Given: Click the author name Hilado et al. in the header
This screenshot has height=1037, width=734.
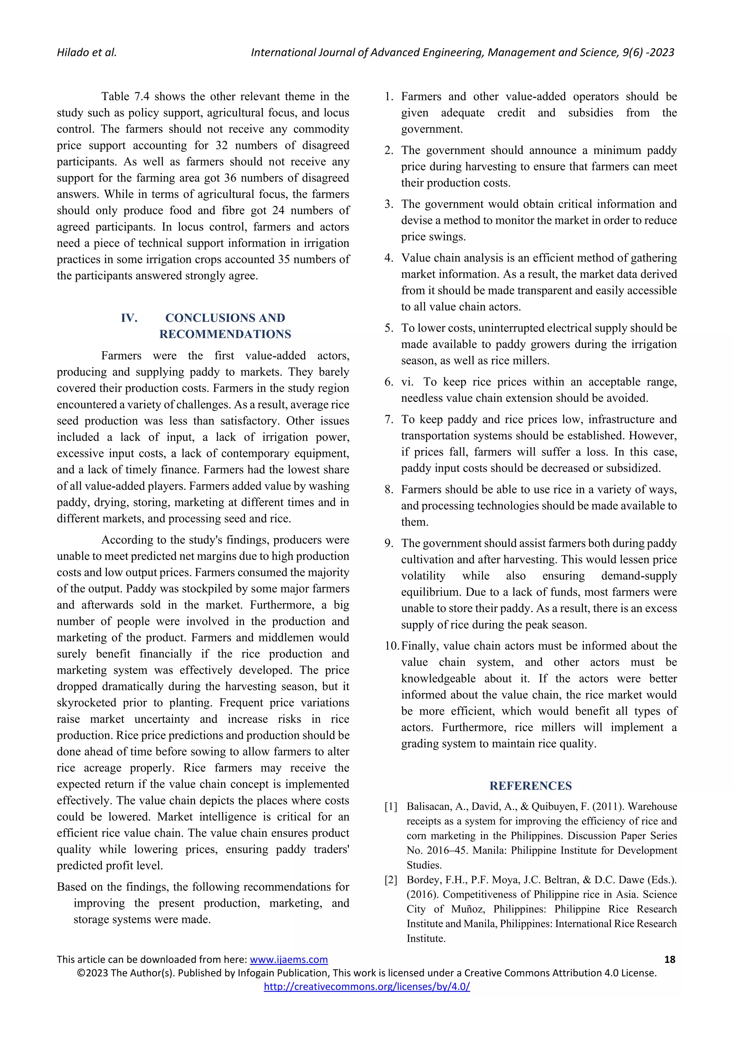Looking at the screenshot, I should [x=86, y=52].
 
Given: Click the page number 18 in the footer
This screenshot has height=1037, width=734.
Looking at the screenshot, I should [x=669, y=959].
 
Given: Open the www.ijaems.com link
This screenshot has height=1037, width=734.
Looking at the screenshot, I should [x=289, y=959].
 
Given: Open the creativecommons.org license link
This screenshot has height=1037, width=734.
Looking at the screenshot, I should [x=367, y=987].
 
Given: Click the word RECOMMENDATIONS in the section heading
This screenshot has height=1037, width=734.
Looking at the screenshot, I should [x=225, y=334].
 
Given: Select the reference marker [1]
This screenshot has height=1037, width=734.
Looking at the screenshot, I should [x=391, y=807].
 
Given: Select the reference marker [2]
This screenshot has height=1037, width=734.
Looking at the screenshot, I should [x=391, y=880].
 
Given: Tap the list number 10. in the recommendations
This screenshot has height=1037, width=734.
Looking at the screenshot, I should [x=392, y=646].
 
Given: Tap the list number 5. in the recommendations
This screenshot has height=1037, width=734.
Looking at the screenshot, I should [x=389, y=328].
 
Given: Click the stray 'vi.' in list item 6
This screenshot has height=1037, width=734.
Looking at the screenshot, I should [x=407, y=382].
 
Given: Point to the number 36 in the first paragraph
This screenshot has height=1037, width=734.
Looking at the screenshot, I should [x=230, y=178].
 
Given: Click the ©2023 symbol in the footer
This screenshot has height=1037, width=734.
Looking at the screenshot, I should [x=92, y=973].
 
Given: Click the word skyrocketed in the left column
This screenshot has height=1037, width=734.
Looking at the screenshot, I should [x=86, y=703].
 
